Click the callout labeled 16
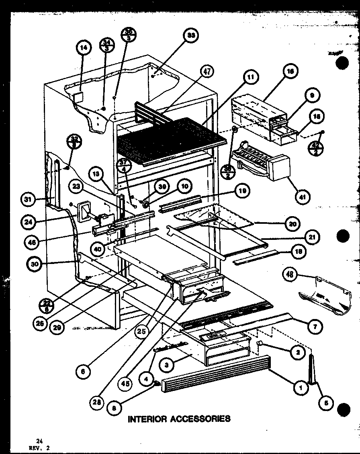[290, 72]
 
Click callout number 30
[35, 264]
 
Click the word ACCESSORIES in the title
[201, 419]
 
